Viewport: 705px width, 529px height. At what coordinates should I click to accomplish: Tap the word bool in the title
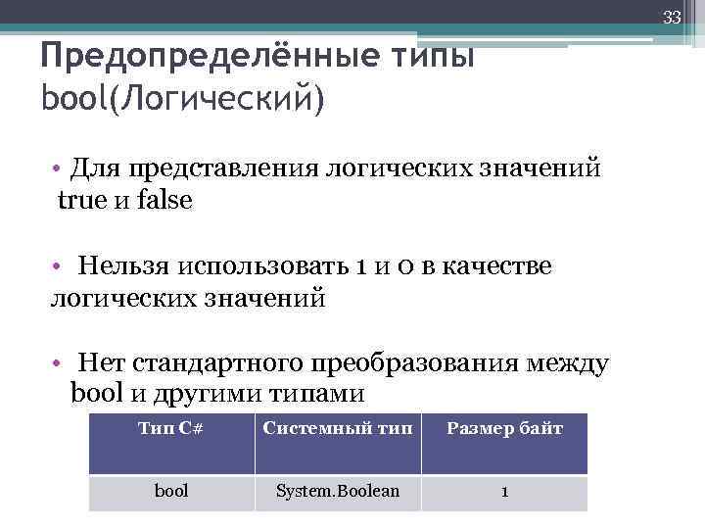click(x=74, y=98)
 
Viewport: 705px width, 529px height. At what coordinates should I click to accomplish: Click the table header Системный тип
click(x=338, y=429)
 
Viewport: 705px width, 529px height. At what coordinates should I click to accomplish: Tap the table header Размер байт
click(x=505, y=429)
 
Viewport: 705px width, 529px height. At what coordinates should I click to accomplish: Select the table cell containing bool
click(x=172, y=491)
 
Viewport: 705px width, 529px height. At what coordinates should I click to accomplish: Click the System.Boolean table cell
click(x=338, y=491)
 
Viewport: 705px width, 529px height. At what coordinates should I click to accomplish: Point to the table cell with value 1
click(x=504, y=492)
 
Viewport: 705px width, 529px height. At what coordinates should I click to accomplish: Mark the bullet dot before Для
click(x=60, y=168)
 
